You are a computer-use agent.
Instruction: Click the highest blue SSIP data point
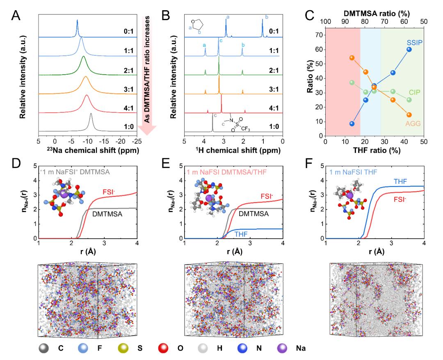tap(409, 50)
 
